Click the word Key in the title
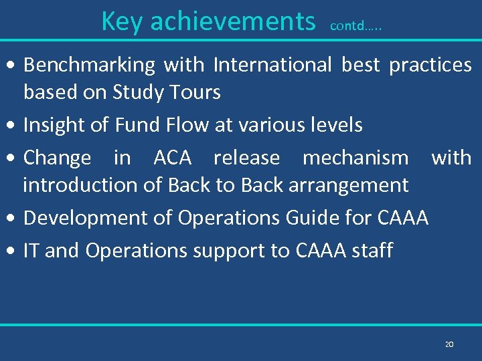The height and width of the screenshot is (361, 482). tap(122, 21)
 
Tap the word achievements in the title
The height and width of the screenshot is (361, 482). tap(232, 21)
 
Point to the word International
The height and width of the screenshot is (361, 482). tap(272, 66)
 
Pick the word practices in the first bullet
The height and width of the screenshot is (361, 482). tap(430, 66)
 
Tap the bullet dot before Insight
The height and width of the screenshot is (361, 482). tap(14, 126)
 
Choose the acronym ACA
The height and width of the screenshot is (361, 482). tap(173, 158)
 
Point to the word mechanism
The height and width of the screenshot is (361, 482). tap(355, 158)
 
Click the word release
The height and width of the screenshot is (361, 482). tap(246, 158)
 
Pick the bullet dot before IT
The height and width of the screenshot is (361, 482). tap(14, 251)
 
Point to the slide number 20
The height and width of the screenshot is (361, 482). tap(449, 344)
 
